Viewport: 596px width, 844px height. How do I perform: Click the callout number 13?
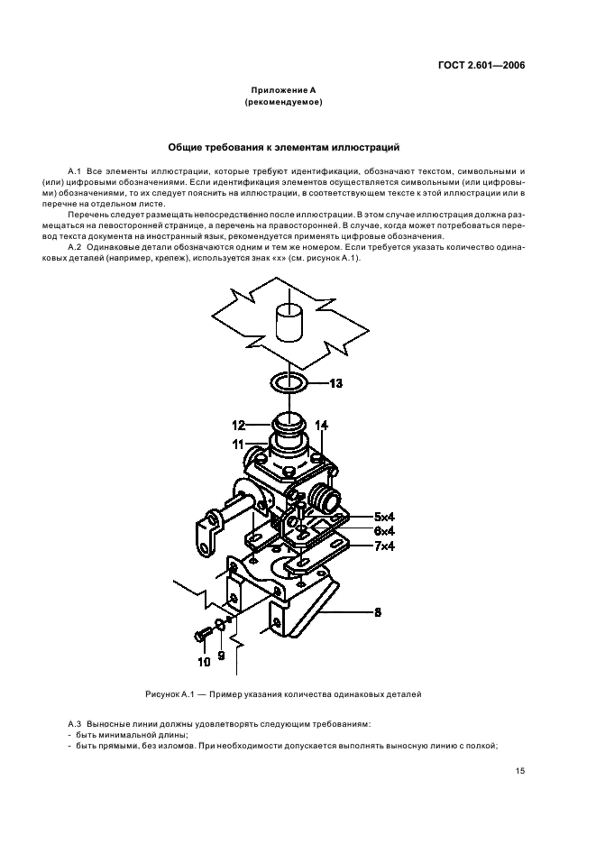[x=335, y=383]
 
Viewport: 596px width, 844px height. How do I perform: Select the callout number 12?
[x=239, y=426]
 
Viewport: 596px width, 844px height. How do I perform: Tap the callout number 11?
[x=239, y=445]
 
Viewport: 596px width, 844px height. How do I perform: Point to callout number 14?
[x=321, y=426]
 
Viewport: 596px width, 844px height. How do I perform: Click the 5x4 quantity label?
[x=384, y=517]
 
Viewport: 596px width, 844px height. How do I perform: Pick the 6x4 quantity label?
[x=384, y=531]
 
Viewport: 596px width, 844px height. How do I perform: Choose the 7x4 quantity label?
[x=384, y=546]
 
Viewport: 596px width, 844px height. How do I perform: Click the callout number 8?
[x=378, y=612]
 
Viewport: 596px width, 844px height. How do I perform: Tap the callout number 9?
[x=221, y=656]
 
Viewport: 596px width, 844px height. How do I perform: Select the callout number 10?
[x=204, y=662]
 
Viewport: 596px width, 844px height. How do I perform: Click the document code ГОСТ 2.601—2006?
[x=481, y=66]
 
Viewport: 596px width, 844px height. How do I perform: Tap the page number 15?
[x=520, y=771]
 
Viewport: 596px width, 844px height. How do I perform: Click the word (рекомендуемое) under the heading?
[x=283, y=102]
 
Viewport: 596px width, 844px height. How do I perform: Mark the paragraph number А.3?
[x=74, y=724]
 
